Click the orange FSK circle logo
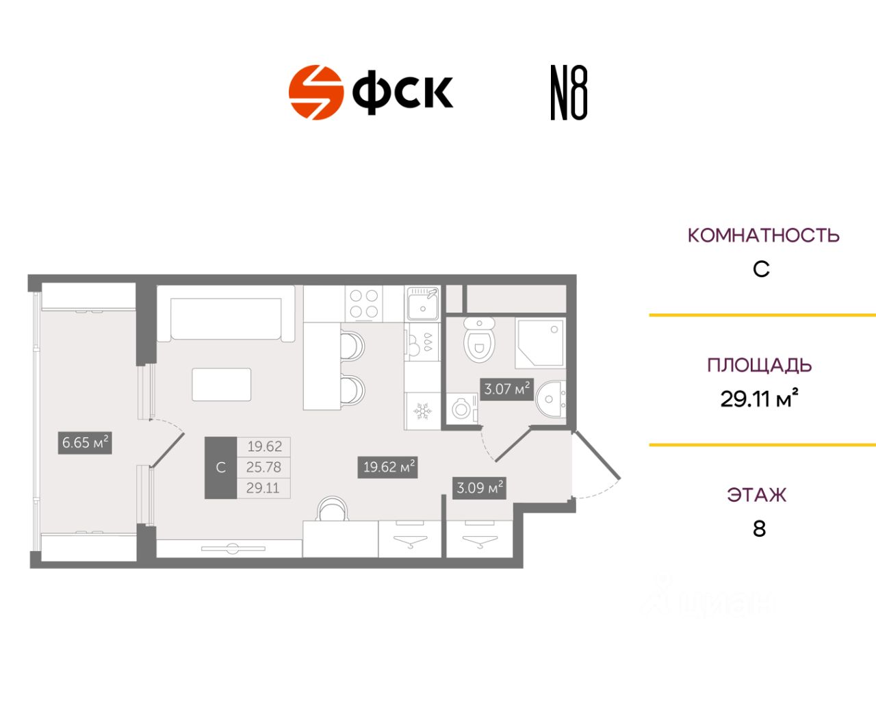click(x=315, y=92)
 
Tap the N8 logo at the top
click(x=569, y=93)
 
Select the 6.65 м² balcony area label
click(x=85, y=443)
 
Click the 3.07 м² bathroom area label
click(x=506, y=389)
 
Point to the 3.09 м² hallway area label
click(x=480, y=488)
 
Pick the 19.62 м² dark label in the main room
click(x=388, y=467)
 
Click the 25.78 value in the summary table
click(x=264, y=467)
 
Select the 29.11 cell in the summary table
click(x=264, y=487)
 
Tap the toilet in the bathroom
click(x=479, y=340)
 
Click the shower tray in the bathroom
click(x=540, y=342)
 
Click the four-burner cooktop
click(x=364, y=304)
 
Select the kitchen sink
click(x=422, y=304)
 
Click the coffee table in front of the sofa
click(x=222, y=385)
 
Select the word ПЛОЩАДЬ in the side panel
click(x=759, y=366)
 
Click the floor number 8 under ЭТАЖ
click(x=759, y=528)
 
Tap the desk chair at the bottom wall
click(x=333, y=509)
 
